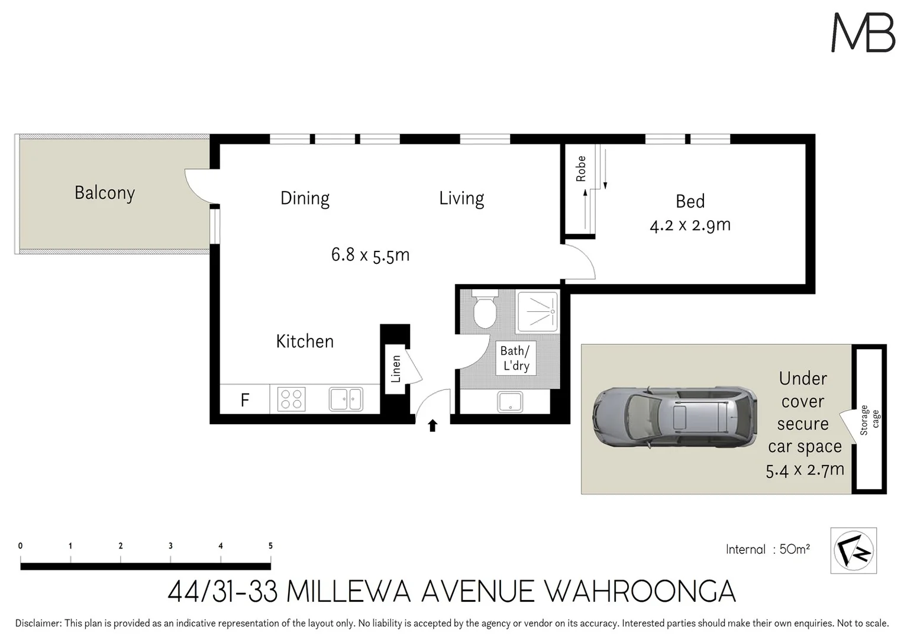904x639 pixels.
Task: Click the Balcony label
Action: [105, 193]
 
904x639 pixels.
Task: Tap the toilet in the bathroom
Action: [485, 309]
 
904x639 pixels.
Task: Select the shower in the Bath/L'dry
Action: [537, 311]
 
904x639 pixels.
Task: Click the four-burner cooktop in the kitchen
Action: [291, 399]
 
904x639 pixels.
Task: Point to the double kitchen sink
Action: [346, 399]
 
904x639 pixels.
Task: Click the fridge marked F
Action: [244, 400]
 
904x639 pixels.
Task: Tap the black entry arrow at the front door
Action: [432, 425]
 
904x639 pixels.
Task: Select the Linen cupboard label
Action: [396, 368]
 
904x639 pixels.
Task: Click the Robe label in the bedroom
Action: [580, 169]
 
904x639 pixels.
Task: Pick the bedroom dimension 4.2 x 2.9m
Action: [690, 225]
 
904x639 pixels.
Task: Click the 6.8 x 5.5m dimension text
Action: [370, 255]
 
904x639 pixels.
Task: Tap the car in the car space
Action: [674, 418]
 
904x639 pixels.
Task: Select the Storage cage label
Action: [869, 420]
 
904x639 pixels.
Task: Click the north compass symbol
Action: [853, 550]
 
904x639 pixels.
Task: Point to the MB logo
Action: [863, 33]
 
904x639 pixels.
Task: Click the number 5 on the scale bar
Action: [270, 546]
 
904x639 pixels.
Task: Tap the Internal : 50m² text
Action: [767, 549]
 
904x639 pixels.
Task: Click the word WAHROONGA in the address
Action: [639, 591]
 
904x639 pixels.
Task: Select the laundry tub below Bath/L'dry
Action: [509, 402]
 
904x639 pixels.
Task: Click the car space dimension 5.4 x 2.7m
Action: [805, 470]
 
